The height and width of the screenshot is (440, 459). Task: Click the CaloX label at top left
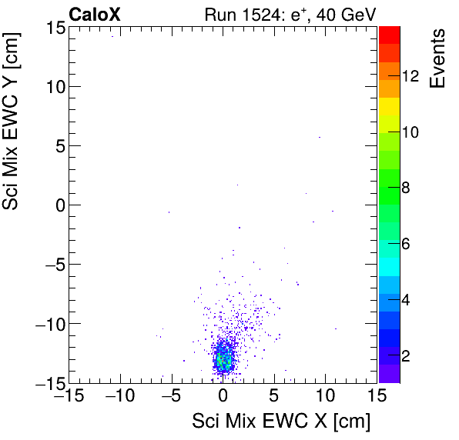[x=94, y=13]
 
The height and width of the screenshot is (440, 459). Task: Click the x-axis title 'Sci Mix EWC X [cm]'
[x=282, y=421]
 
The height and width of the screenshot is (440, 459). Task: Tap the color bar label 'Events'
[x=439, y=58]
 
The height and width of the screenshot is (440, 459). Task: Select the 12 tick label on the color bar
[x=410, y=76]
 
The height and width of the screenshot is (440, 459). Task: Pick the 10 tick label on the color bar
[x=410, y=132]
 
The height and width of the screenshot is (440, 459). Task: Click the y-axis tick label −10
[x=45, y=323]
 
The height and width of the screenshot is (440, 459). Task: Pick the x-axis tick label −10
[x=119, y=396]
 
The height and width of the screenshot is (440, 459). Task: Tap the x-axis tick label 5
[x=274, y=396]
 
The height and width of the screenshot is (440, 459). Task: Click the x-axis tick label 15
[x=376, y=396]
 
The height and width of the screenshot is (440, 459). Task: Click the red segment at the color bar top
[x=389, y=33]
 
